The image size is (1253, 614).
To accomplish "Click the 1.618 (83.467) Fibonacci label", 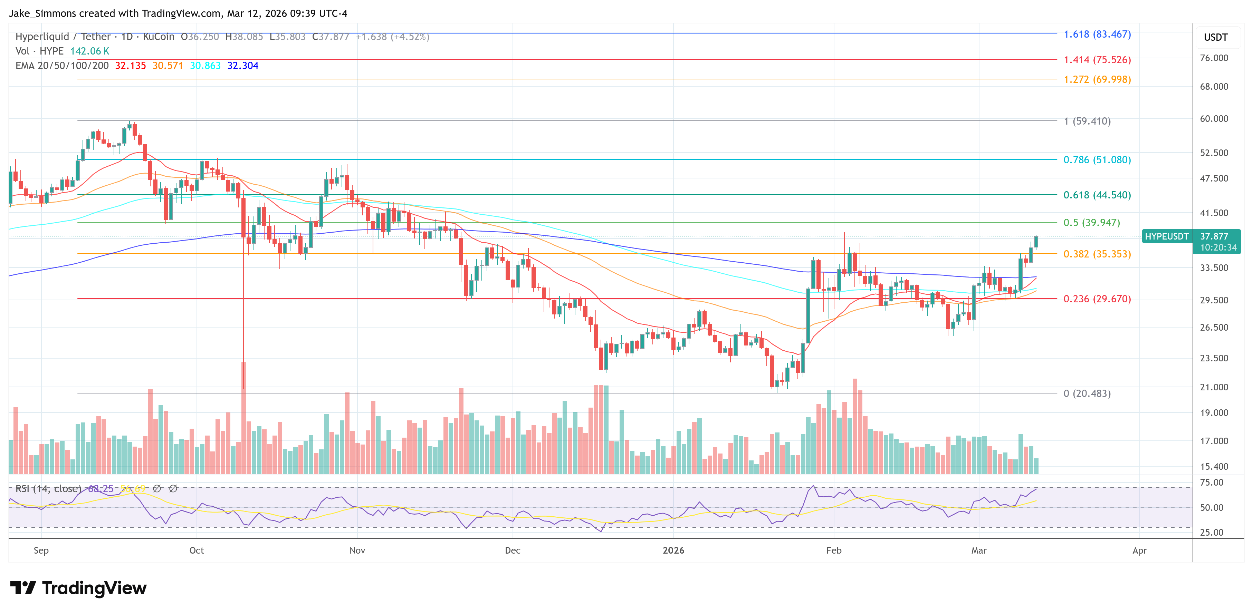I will point(1097,34).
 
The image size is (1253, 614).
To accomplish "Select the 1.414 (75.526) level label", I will point(1097,60).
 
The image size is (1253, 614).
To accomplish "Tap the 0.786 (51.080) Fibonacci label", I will point(1097,160).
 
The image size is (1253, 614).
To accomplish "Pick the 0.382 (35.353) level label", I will point(1097,254).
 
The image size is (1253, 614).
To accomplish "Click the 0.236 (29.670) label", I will point(1097,299).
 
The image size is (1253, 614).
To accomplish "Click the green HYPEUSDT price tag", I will point(1166,236).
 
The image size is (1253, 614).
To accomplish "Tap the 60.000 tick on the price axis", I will point(1214,119).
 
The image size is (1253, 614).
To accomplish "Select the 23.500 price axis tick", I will point(1214,358).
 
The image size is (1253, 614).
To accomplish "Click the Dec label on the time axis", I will point(512,550).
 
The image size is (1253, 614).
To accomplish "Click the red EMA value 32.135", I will point(130,66).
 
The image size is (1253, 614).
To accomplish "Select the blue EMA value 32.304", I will point(243,66).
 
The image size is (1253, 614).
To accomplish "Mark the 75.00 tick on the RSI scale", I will point(1211,482).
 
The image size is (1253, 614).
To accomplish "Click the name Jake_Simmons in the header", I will point(42,13).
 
